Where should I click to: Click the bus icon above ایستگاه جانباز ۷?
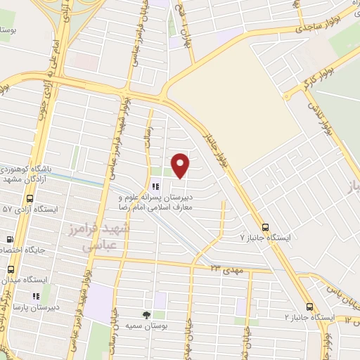(x=265, y=227)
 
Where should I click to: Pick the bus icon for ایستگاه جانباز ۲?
(x=310, y=307)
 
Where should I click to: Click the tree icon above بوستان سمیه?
(x=146, y=315)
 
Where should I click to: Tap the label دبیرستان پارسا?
(x=37, y=307)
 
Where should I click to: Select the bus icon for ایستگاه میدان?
(x=11, y=269)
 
